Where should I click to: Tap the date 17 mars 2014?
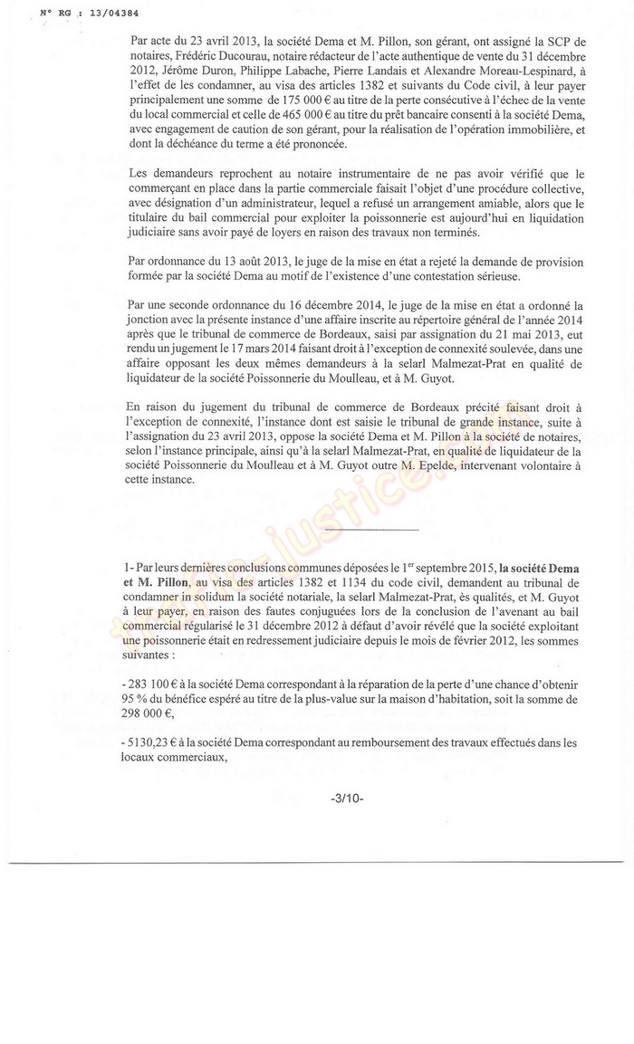(303, 331)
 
